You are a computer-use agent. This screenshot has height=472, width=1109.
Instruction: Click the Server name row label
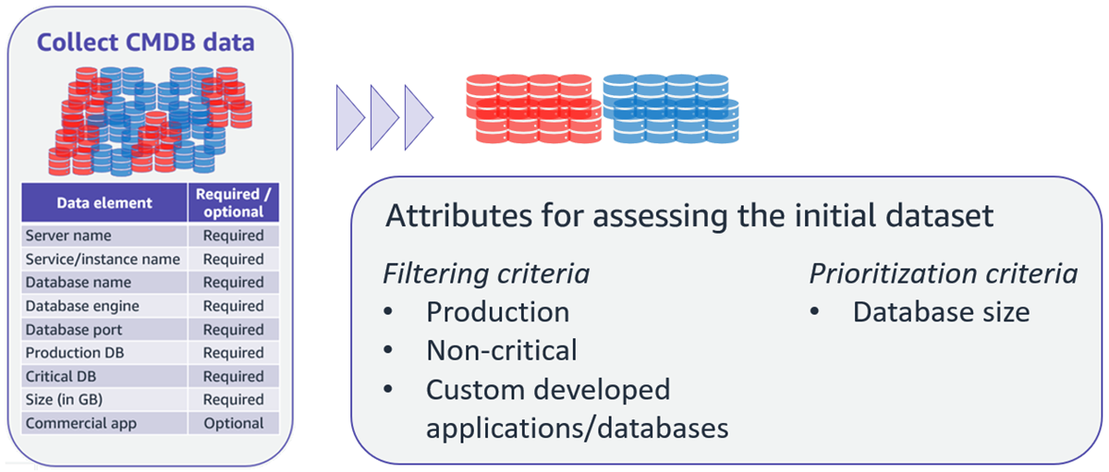tap(68, 236)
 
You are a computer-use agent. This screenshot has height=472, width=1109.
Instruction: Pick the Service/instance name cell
tap(103, 260)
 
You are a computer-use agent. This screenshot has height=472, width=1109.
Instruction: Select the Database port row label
tap(74, 330)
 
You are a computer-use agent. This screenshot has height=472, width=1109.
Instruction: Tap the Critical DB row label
tap(61, 377)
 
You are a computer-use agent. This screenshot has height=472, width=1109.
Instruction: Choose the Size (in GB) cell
tap(65, 400)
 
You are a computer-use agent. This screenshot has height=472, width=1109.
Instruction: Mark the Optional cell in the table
tap(234, 424)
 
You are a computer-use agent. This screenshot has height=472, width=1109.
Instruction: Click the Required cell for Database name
tap(234, 283)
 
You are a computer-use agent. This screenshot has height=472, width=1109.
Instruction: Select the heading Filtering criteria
tap(486, 274)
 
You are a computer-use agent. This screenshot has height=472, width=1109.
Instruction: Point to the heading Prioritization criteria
tap(943, 274)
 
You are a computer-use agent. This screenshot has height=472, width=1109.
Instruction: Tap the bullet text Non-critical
tap(501, 350)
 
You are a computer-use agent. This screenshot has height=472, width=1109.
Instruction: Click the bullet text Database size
tap(941, 312)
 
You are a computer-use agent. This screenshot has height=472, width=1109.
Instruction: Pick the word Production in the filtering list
tap(497, 312)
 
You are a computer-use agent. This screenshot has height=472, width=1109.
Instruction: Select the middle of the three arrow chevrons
tap(384, 116)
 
